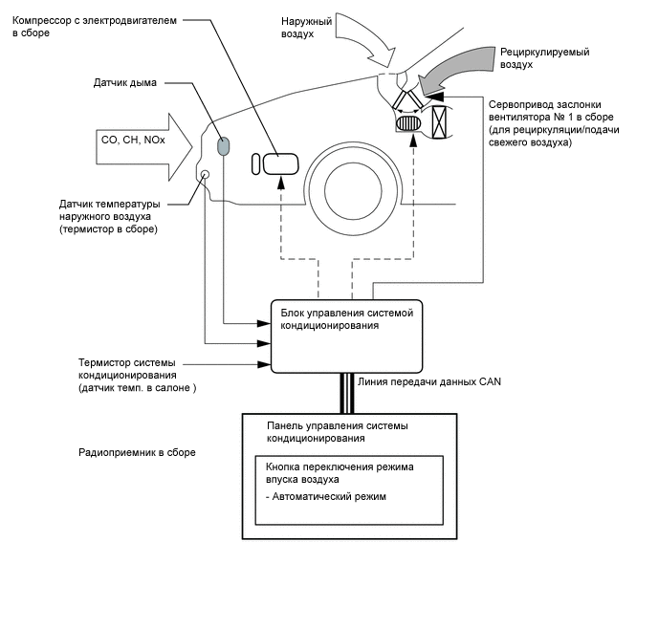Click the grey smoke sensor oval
click(x=223, y=146)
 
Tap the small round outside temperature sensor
click(x=204, y=174)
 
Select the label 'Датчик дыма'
click(x=123, y=82)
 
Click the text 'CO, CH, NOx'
click(x=131, y=140)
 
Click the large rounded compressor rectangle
click(x=281, y=163)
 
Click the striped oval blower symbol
click(x=408, y=124)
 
